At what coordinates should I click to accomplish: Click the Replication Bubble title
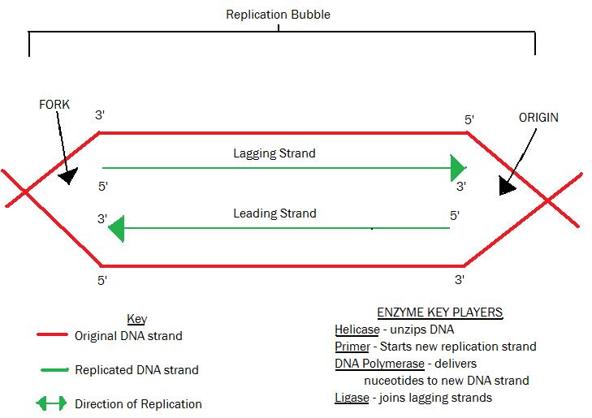point(278,15)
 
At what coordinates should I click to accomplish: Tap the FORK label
point(54,105)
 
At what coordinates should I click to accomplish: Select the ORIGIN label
point(538,118)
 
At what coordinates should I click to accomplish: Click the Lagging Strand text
point(274,153)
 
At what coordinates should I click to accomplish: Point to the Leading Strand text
point(274,213)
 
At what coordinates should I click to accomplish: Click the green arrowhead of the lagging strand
point(458,168)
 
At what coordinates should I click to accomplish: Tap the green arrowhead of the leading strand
point(116,228)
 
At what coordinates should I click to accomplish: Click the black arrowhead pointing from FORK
point(68,175)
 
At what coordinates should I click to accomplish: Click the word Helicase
point(356,330)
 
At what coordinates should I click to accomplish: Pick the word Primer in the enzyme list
point(352,347)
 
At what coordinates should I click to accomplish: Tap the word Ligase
point(352,397)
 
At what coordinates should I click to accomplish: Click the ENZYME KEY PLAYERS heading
point(439,312)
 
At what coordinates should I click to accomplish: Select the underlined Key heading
point(136,319)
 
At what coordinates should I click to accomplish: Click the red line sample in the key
point(51,334)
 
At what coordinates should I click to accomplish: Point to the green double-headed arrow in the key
point(51,403)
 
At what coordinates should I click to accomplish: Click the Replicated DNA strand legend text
point(136,370)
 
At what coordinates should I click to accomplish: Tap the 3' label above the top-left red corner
point(100,115)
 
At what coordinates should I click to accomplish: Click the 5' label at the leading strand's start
point(455,215)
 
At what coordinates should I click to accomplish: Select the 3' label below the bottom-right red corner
point(459,280)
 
